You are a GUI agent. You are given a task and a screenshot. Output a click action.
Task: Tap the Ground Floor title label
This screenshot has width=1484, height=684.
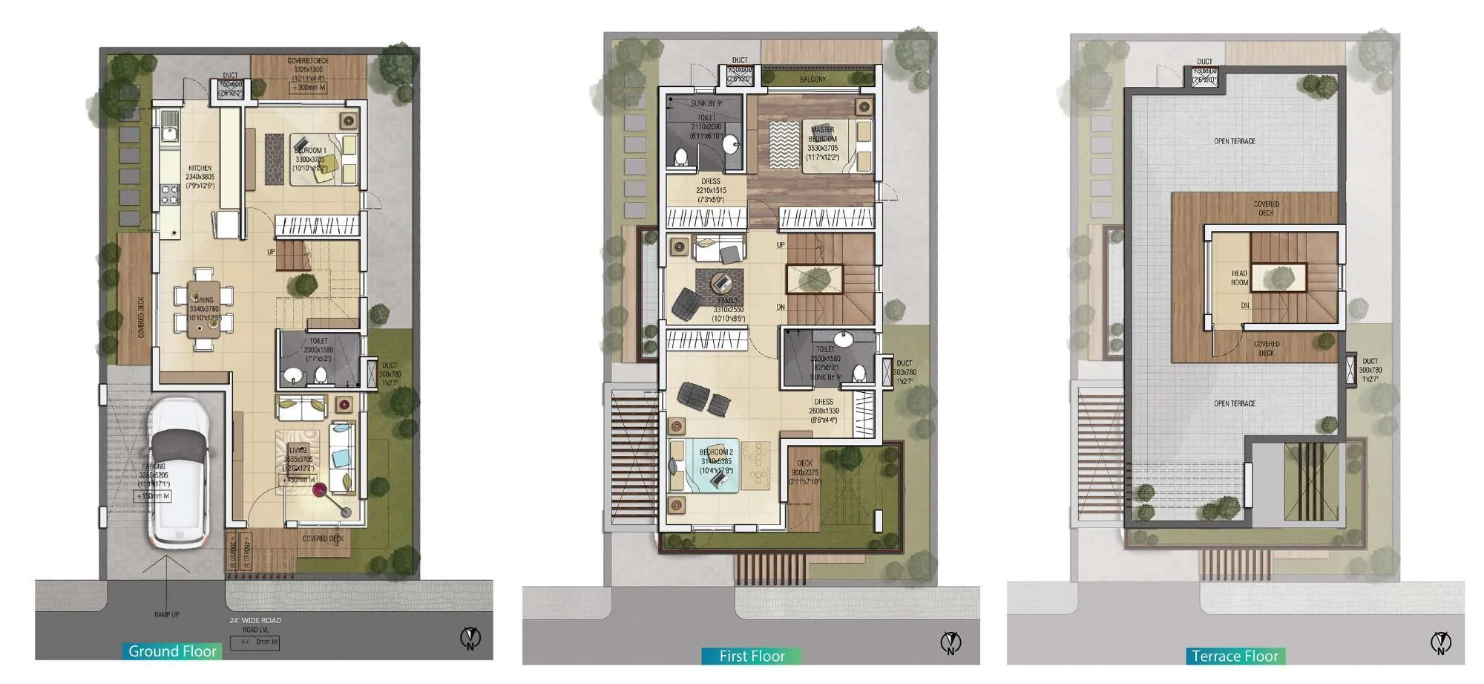(x=172, y=651)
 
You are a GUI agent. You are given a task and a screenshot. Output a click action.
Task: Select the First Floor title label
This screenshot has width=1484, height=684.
(x=752, y=656)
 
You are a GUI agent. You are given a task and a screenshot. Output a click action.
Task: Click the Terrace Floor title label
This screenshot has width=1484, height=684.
(x=1235, y=656)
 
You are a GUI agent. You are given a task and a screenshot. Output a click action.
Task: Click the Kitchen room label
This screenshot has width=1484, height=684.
(x=200, y=169)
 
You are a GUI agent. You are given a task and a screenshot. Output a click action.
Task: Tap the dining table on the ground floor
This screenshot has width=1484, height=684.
(x=203, y=308)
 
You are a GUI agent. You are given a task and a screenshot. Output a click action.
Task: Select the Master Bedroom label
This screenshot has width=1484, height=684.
(x=823, y=134)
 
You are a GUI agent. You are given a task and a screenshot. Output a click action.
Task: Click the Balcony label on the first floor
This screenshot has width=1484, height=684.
(x=812, y=79)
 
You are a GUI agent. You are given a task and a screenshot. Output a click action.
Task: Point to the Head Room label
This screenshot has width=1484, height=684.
(x=1239, y=278)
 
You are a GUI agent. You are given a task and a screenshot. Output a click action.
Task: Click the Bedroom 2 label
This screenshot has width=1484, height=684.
(x=716, y=452)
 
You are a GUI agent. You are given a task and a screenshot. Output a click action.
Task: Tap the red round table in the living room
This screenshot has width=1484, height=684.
(x=319, y=489)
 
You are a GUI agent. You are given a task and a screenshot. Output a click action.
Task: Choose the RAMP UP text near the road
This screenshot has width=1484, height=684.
(x=166, y=614)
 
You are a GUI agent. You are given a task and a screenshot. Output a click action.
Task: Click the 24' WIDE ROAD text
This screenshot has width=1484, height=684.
(x=255, y=620)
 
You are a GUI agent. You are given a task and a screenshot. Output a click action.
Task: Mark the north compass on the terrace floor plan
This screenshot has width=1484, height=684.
(x=1440, y=642)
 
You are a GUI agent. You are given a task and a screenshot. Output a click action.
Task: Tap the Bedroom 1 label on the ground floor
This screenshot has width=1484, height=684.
(x=310, y=151)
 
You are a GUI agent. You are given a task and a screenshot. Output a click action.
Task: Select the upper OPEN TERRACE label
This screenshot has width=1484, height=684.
(x=1235, y=141)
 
